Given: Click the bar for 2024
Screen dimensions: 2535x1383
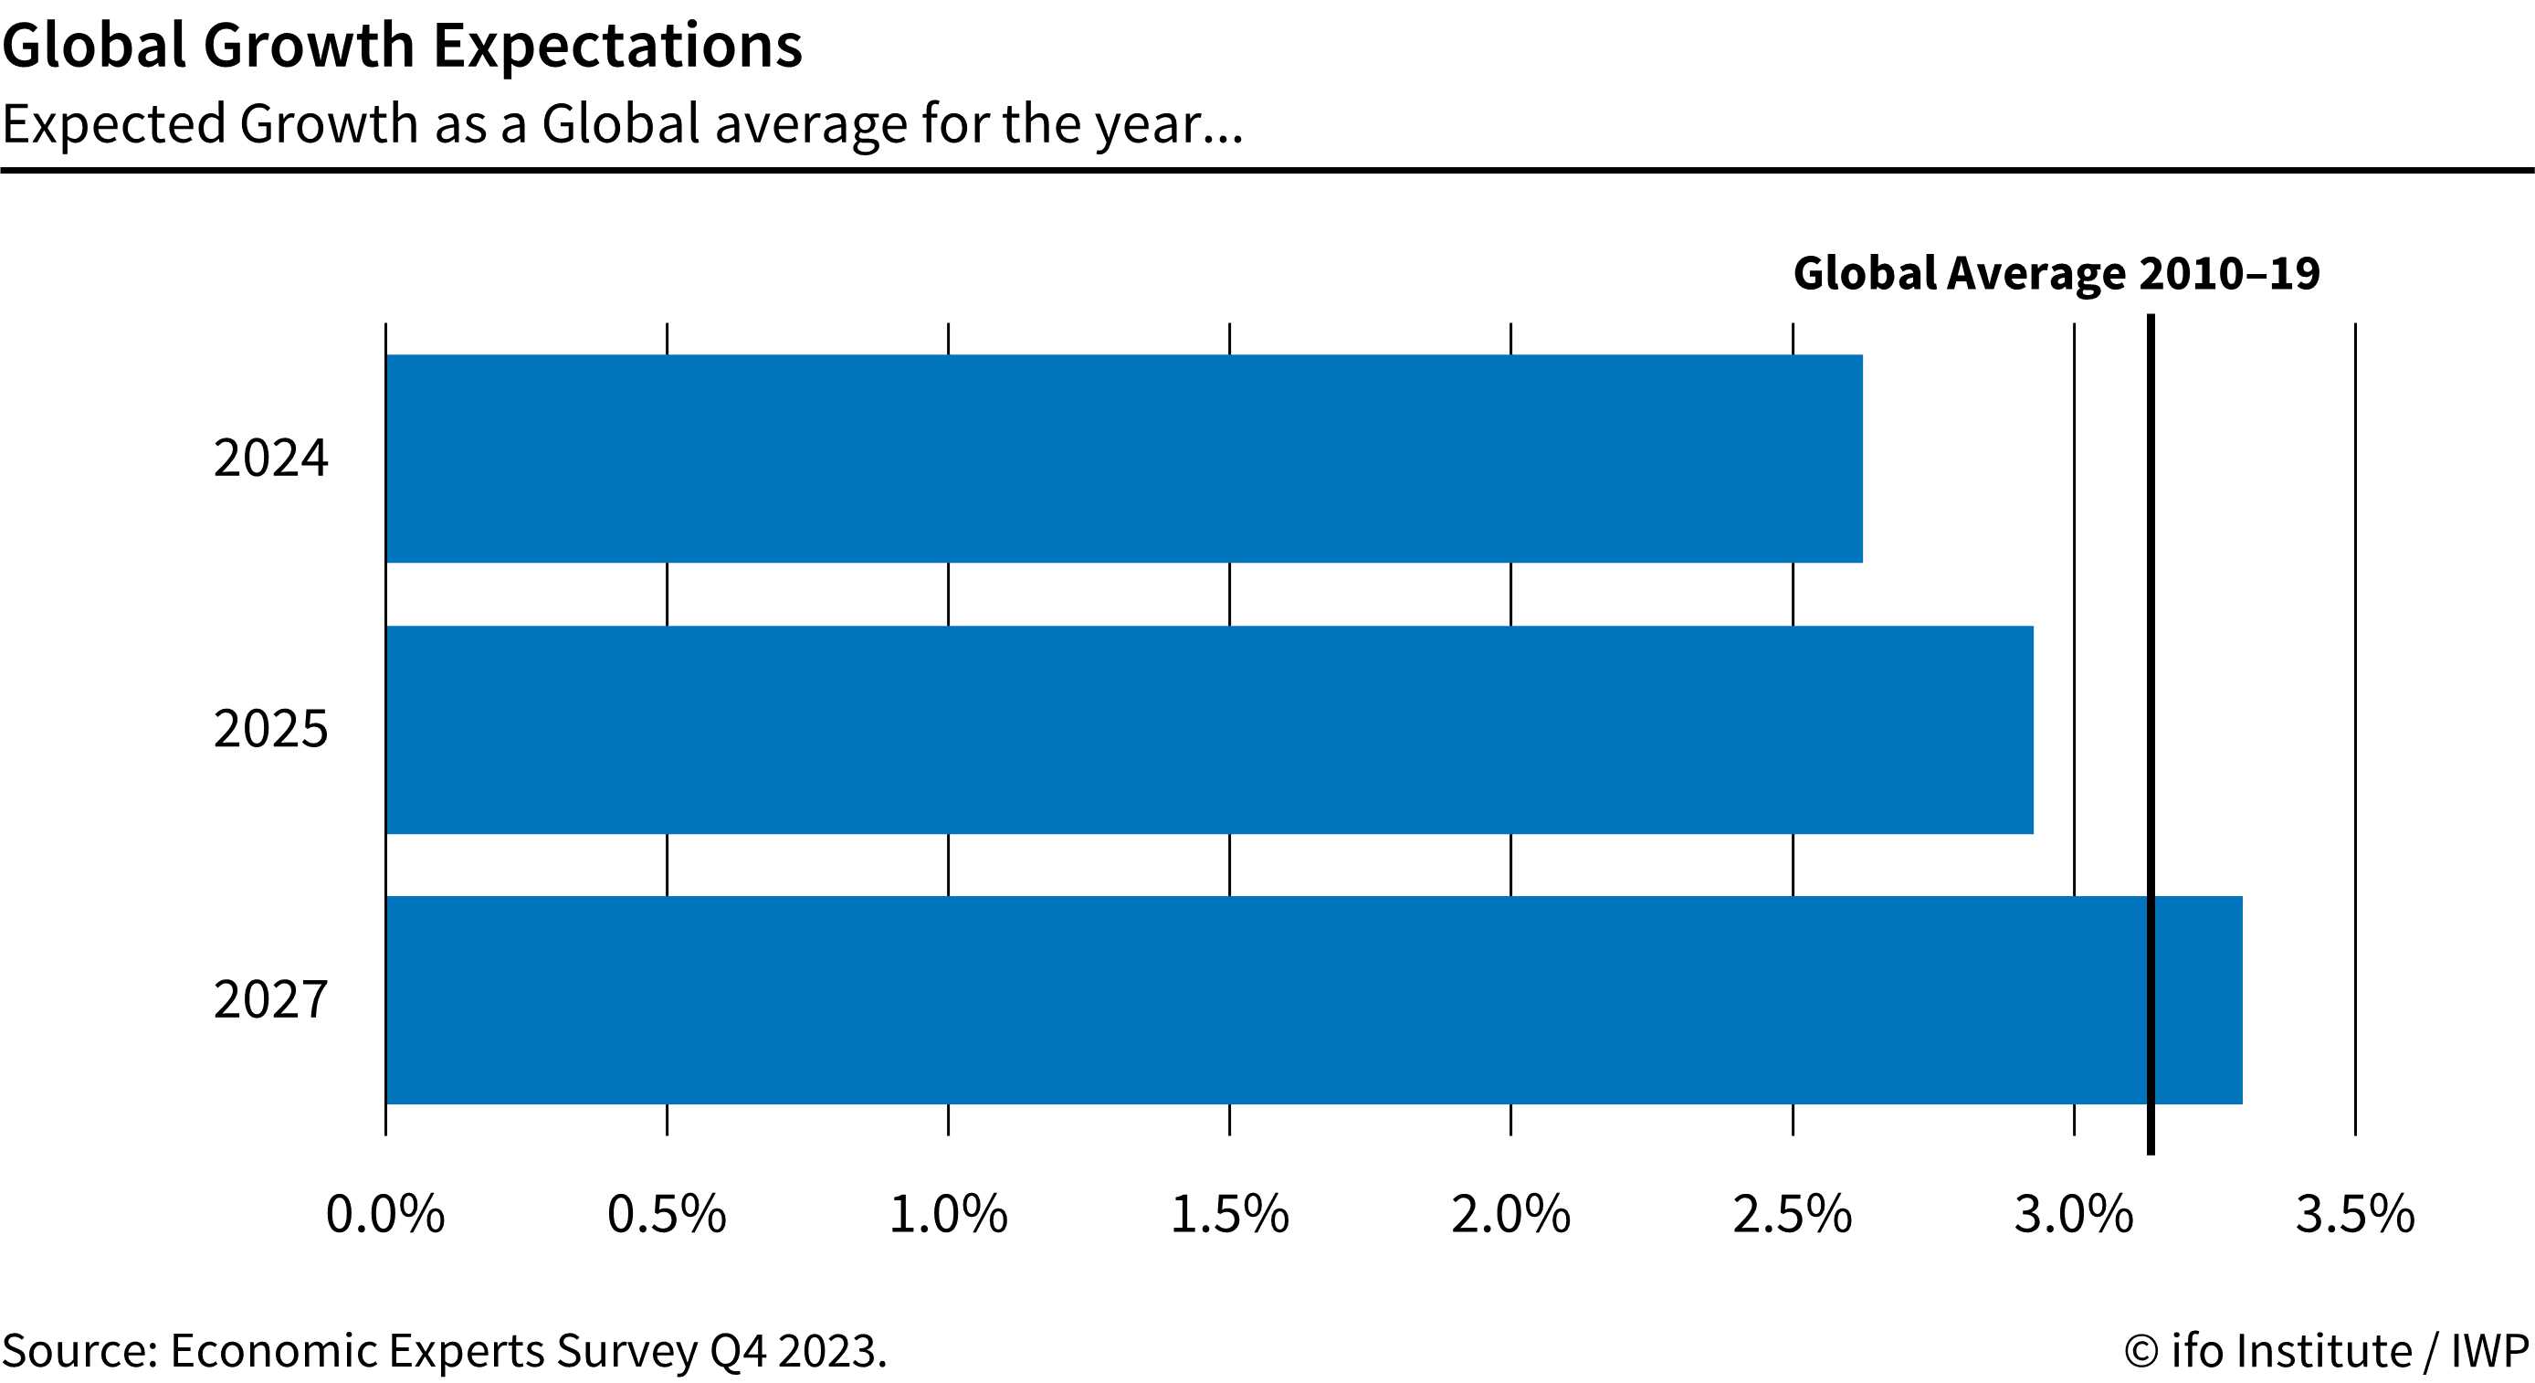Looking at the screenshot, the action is point(1124,459).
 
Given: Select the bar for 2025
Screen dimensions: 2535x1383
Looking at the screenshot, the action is point(1209,729).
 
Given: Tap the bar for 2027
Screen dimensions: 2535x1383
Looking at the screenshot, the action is point(1314,1000).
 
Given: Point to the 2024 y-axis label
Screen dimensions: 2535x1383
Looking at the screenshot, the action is point(270,459).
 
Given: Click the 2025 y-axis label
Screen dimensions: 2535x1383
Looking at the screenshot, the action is point(270,729).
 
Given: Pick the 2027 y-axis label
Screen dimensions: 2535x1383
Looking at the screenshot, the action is point(270,1000).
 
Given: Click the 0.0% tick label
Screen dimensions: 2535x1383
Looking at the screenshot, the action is point(385,1214).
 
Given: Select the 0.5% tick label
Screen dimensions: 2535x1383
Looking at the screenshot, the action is point(668,1214).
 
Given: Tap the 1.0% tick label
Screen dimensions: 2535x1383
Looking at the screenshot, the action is point(949,1214).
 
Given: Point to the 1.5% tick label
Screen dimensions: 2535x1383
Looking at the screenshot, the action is point(1230,1214).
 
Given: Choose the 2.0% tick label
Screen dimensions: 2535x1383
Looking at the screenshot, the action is point(1511,1214).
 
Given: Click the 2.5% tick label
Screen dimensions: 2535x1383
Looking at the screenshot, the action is point(1793,1214).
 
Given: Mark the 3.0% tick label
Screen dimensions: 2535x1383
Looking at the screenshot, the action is point(2075,1214).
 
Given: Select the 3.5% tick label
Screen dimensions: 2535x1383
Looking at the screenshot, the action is point(2356,1214).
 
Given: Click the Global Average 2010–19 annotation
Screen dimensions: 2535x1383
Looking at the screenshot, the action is point(2056,274).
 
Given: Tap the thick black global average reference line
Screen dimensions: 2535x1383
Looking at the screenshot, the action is point(2151,734).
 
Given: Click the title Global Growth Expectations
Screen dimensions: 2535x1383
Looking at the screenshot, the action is point(403,47).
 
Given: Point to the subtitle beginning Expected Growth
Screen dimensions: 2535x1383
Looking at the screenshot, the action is point(623,125).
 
